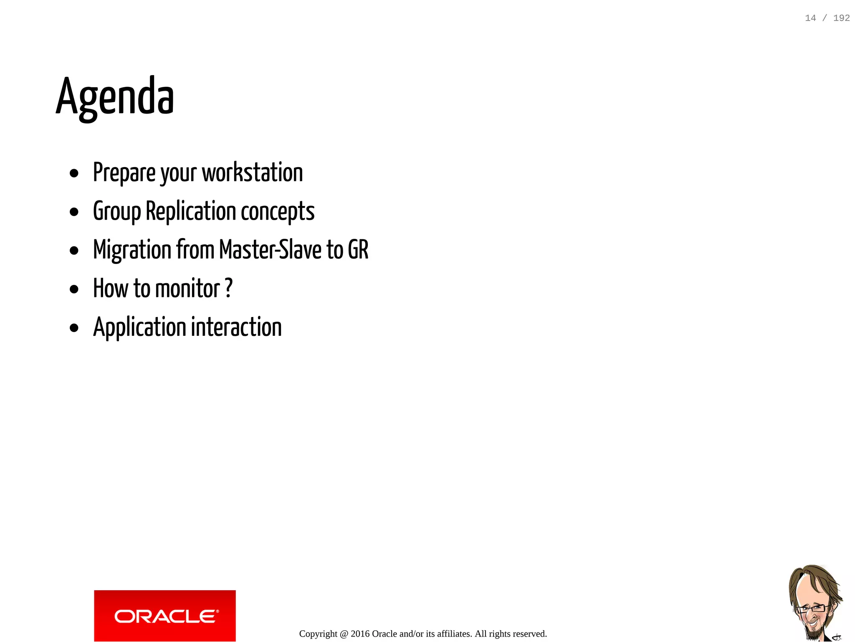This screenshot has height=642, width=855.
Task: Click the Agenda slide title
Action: [x=115, y=97]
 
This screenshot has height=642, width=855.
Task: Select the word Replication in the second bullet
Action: [x=191, y=211]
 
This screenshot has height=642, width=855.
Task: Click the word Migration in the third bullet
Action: [x=132, y=250]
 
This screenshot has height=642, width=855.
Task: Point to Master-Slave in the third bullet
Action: [x=270, y=250]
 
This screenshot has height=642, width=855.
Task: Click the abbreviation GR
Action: [x=358, y=250]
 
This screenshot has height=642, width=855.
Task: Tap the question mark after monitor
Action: [x=228, y=288]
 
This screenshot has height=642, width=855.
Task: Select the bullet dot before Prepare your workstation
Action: [x=74, y=173]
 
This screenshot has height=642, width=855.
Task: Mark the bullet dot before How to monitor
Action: [x=74, y=289]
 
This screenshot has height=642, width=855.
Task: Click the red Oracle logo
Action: [x=165, y=615]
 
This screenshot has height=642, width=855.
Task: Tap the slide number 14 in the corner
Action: [x=810, y=18]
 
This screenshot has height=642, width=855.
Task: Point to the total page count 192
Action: [x=841, y=18]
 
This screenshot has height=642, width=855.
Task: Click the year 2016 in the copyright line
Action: [x=360, y=634]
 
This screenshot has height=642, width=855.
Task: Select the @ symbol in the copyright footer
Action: [x=344, y=634]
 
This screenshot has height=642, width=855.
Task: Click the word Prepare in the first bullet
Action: [x=124, y=173]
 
